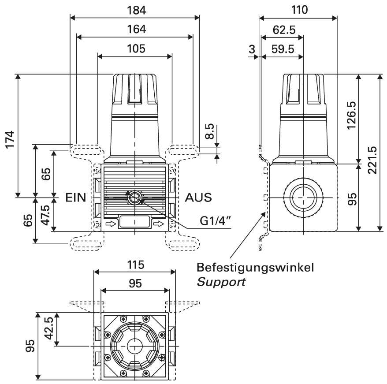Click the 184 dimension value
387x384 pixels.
pos(137,11)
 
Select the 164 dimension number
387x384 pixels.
pos(137,29)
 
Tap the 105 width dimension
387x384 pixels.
pos(136,48)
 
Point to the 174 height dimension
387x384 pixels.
pos(11,140)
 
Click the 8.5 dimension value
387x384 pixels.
pos(209,131)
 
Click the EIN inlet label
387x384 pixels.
pos(76,198)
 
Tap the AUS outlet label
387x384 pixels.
pos(198,198)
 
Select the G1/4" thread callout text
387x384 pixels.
pos(216,221)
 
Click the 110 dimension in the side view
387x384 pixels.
pos(300,10)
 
